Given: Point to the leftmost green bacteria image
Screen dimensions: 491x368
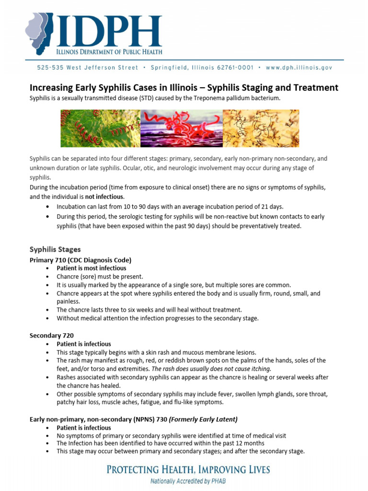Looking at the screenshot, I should pos(99,129).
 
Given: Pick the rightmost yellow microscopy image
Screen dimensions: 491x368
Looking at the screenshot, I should pos(261,129).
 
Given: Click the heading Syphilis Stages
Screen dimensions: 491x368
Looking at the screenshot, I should pos(55,249).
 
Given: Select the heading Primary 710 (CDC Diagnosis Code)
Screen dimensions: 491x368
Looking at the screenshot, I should pos(80,260).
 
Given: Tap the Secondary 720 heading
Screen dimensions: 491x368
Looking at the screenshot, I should pos(51,336).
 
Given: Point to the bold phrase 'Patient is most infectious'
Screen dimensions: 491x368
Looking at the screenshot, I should pos(91,268).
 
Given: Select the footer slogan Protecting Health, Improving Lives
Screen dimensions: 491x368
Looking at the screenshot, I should pos(188,470).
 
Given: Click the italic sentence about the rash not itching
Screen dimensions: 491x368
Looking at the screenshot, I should pos(211,369).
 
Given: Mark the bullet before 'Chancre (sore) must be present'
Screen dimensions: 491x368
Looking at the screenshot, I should pos(47,277).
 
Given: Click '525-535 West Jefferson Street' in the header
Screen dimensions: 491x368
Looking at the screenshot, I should pos(88,68).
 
